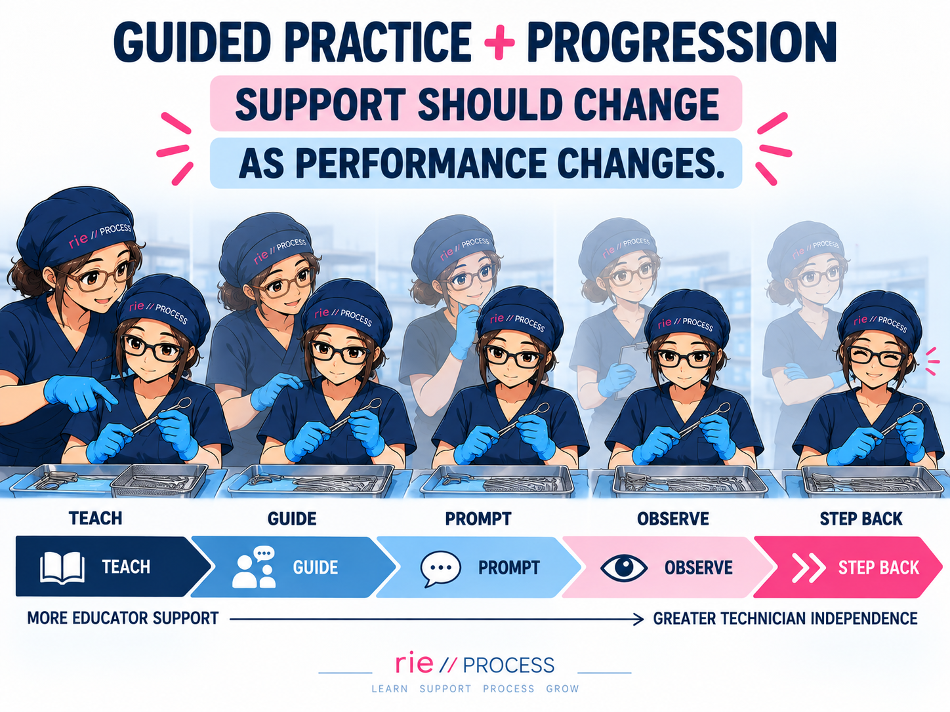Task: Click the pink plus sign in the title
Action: click(499, 43)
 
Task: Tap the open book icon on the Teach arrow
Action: click(62, 568)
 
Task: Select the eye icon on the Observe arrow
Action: click(624, 567)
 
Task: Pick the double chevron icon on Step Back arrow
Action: click(808, 568)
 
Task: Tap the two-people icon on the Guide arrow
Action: click(254, 568)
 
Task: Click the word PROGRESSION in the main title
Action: click(682, 43)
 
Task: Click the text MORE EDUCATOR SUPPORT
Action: click(123, 618)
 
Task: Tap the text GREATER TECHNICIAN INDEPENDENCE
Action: click(785, 619)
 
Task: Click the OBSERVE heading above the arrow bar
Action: click(673, 519)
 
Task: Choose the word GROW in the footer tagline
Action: click(562, 688)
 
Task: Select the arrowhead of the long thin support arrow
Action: click(638, 619)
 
